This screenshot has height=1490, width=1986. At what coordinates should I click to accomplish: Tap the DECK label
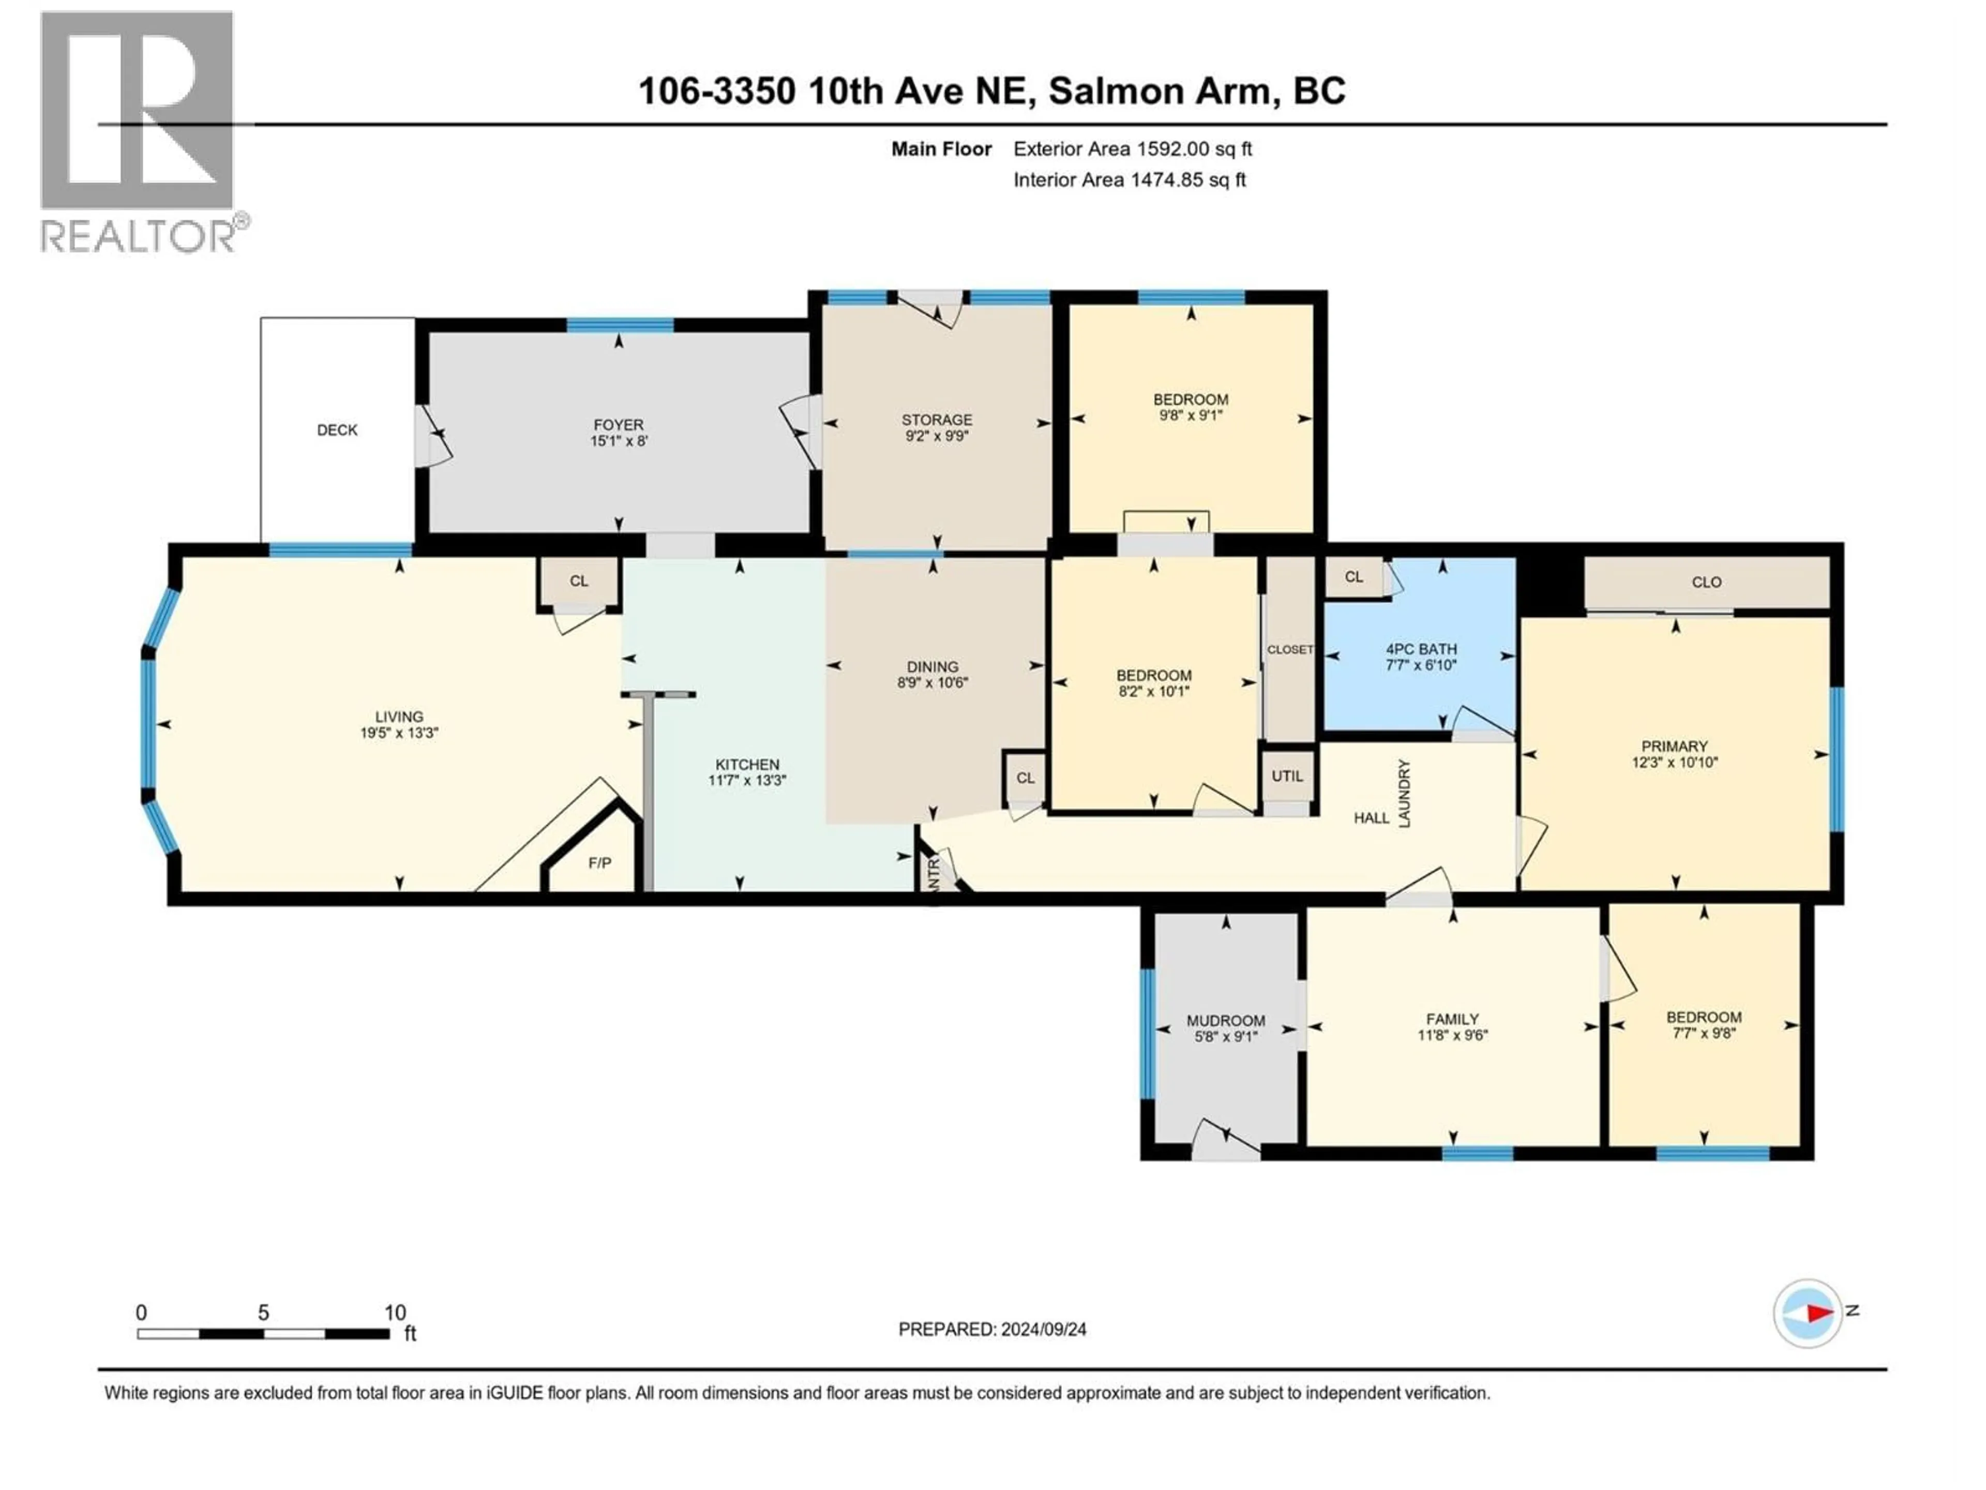337,430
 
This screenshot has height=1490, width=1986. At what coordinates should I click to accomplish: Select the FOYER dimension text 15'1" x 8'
619,441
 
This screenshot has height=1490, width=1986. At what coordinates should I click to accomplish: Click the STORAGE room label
937,420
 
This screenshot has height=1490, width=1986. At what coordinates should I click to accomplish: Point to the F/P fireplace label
599,863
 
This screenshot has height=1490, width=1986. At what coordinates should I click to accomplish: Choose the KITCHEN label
747,764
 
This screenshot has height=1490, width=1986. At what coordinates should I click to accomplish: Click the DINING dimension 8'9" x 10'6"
932,682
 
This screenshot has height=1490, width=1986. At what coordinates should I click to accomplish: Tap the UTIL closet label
1287,776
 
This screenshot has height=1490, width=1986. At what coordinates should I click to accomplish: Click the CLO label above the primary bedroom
1706,582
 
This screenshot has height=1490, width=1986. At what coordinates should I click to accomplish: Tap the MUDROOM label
1226,1020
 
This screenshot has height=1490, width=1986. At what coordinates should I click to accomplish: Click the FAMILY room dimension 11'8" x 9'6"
1452,1035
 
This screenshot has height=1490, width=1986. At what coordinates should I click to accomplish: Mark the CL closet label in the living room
579,581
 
